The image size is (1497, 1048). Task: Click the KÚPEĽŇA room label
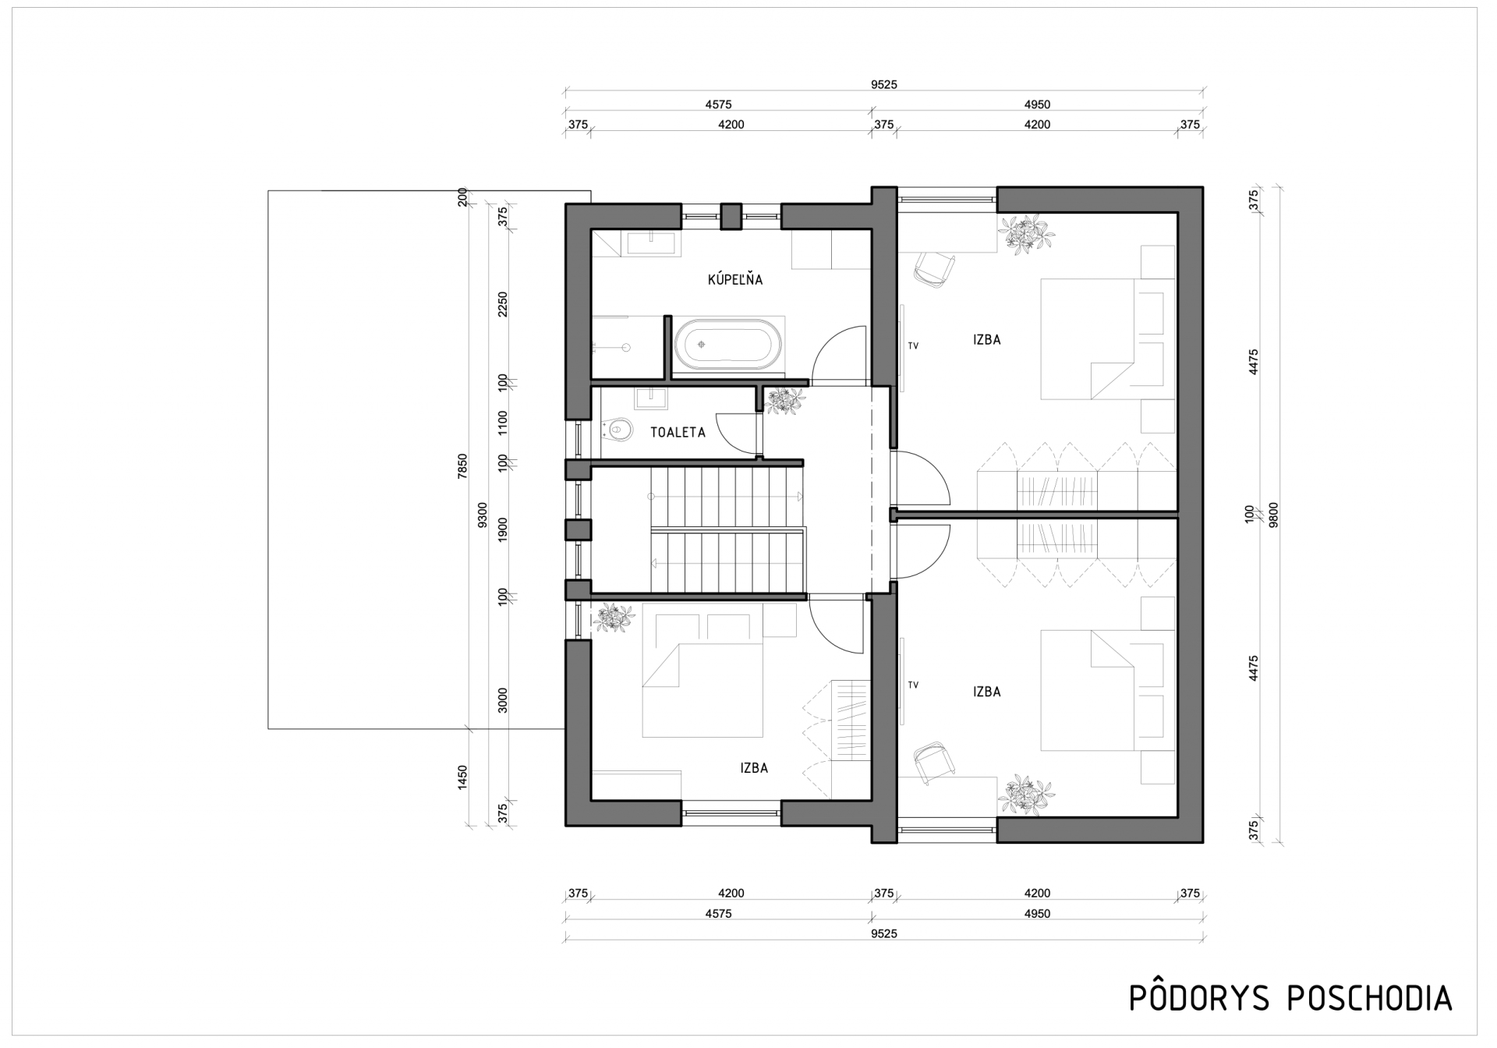735,279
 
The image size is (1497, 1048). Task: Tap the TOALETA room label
678,432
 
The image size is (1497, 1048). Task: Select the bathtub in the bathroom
730,344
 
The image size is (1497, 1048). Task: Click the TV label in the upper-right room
913,345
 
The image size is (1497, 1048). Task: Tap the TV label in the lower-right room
913,685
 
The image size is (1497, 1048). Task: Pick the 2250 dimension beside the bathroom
503,304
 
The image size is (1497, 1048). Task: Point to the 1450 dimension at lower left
462,777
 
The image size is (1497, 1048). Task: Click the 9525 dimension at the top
884,85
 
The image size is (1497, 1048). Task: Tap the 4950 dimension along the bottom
1038,914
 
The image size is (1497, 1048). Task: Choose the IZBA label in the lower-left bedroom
755,768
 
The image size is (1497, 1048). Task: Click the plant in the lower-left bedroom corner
614,618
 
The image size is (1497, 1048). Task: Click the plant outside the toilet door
785,400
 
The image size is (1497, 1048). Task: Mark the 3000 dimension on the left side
503,700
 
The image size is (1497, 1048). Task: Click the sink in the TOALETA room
650,398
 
